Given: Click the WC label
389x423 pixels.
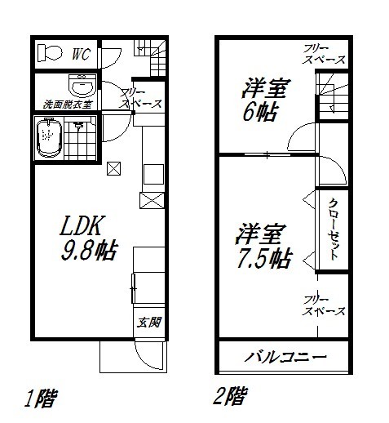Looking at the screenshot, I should pyautogui.click(x=79, y=55).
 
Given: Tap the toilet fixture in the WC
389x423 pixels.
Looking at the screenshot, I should pyautogui.click(x=51, y=54).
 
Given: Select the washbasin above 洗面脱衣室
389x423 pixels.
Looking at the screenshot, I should pyautogui.click(x=81, y=85).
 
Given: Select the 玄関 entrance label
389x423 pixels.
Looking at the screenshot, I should pyautogui.click(x=147, y=322).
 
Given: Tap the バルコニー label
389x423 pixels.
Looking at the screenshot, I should pyautogui.click(x=285, y=358).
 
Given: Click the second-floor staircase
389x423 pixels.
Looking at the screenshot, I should pyautogui.click(x=332, y=96).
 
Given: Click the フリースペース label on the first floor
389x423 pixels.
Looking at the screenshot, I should pyautogui.click(x=140, y=98).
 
